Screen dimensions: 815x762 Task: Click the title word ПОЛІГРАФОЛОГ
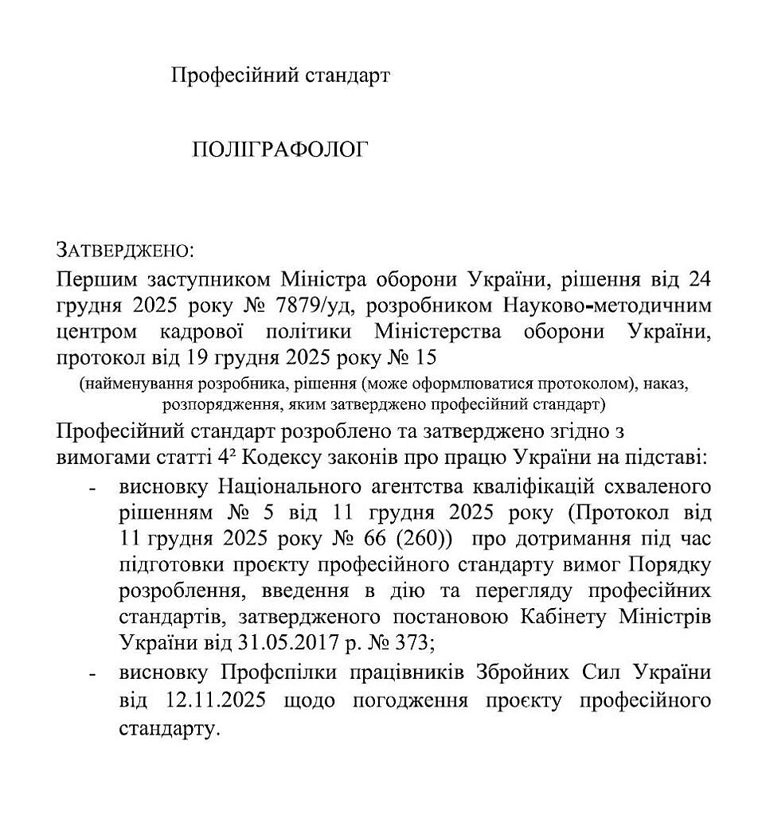coord(279,150)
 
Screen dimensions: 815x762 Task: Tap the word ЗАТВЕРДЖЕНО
coord(124,252)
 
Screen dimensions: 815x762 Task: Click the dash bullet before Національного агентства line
coord(93,486)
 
